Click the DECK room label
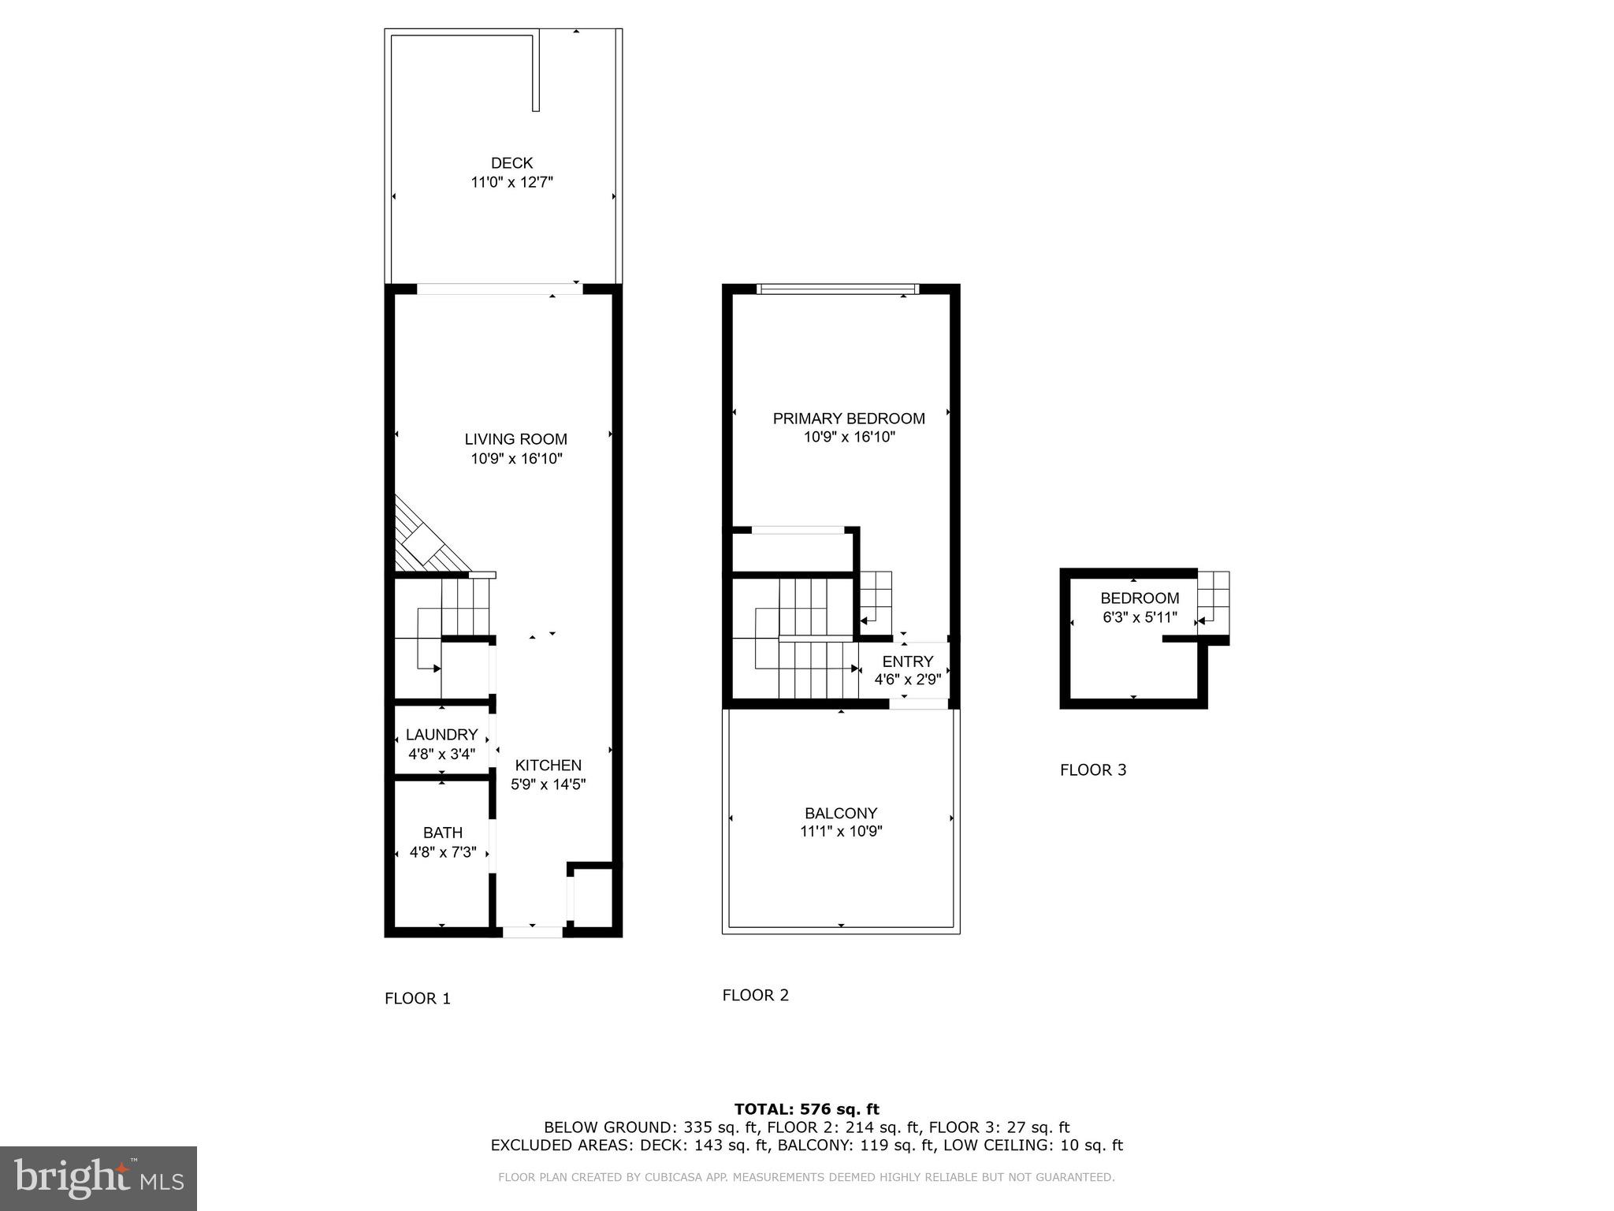[511, 163]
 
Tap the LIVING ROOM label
[515, 439]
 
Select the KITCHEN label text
[549, 765]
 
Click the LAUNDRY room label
[441, 735]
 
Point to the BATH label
[443, 833]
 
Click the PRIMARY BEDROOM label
[849, 418]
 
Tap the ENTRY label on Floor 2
[908, 661]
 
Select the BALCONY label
[841, 813]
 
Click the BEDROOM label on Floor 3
[1140, 598]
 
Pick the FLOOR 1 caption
[418, 999]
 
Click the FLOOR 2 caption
[756, 996]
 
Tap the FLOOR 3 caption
[1093, 770]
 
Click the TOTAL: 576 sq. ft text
[806, 1109]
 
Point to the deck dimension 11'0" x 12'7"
[511, 182]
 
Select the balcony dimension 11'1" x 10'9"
[841, 831]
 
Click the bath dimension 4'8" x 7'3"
[443, 851]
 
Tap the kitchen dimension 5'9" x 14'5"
[549, 784]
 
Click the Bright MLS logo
[99, 1178]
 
